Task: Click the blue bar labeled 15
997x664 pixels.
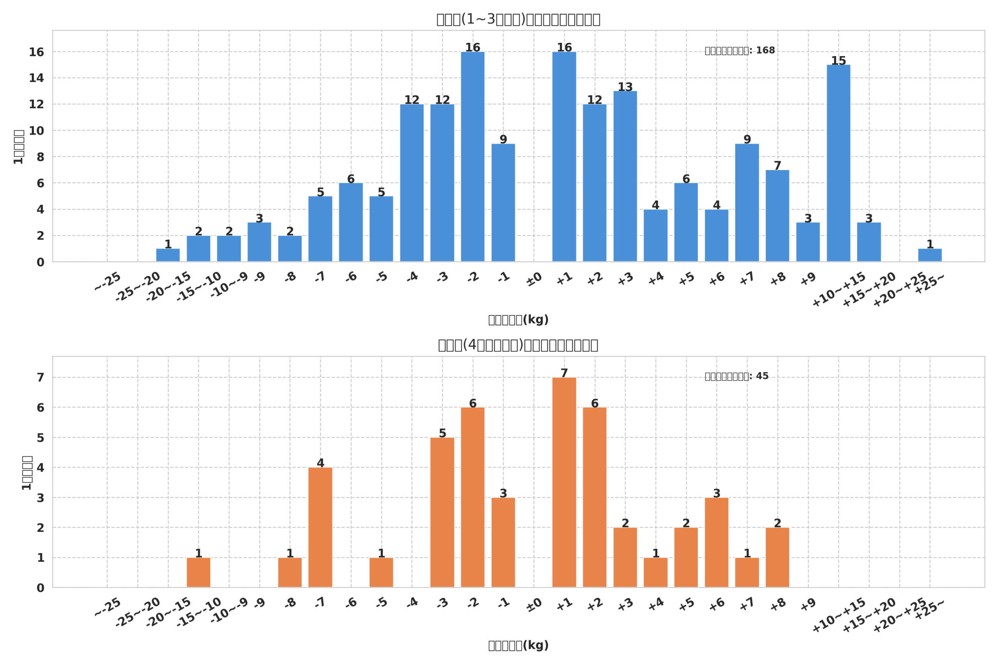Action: [838, 163]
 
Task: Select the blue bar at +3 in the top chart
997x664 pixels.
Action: [625, 176]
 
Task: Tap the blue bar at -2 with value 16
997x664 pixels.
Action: [473, 157]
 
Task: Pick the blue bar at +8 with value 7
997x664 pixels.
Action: [777, 215]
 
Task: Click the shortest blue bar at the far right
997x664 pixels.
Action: [930, 255]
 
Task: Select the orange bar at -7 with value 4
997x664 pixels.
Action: [320, 527]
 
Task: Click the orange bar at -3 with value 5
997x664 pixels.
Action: [442, 512]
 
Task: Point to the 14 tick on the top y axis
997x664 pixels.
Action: [37, 78]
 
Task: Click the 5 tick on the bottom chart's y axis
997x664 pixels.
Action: [40, 438]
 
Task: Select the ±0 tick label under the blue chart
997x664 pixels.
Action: [534, 280]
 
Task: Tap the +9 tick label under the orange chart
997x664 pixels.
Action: [808, 604]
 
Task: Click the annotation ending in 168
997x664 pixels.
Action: [739, 51]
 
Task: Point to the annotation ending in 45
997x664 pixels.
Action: [736, 377]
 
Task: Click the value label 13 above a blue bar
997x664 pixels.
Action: [625, 87]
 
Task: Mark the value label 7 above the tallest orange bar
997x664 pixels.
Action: [564, 373]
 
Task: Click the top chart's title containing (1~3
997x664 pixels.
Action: [518, 19]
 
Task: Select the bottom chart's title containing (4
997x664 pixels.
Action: [518, 345]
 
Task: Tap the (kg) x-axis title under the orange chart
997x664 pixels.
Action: [518, 645]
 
